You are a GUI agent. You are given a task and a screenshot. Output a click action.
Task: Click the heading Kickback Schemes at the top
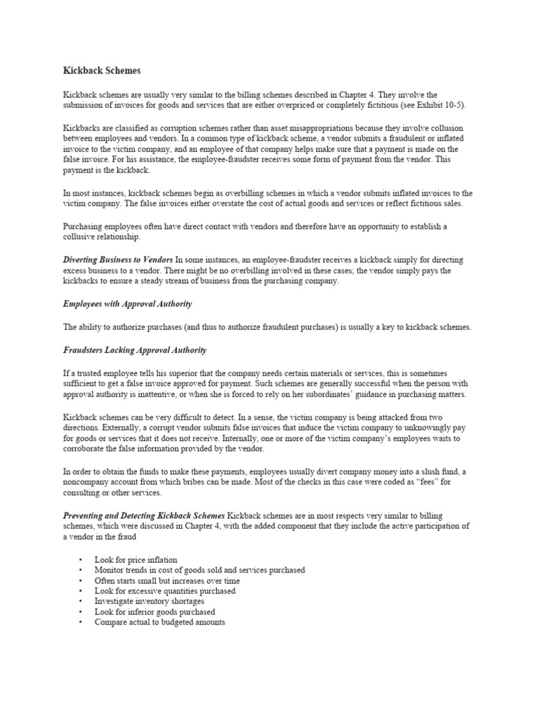click(x=101, y=71)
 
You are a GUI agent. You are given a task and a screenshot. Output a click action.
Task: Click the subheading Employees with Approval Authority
click(x=127, y=304)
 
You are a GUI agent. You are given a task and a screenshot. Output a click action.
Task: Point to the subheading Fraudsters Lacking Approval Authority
click(x=135, y=350)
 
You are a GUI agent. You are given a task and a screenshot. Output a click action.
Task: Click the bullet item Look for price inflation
click(x=136, y=560)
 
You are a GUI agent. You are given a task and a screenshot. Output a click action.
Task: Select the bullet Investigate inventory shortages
click(x=149, y=601)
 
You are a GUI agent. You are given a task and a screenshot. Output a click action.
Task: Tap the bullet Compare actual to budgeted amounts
click(x=159, y=622)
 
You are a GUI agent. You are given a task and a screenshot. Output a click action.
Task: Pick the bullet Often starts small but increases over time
click(x=167, y=580)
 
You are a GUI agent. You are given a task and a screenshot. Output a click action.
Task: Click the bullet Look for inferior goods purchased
click(x=155, y=612)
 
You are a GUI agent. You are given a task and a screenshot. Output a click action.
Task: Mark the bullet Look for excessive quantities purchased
click(x=165, y=591)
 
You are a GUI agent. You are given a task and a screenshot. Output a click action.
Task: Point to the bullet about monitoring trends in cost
click(x=199, y=571)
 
